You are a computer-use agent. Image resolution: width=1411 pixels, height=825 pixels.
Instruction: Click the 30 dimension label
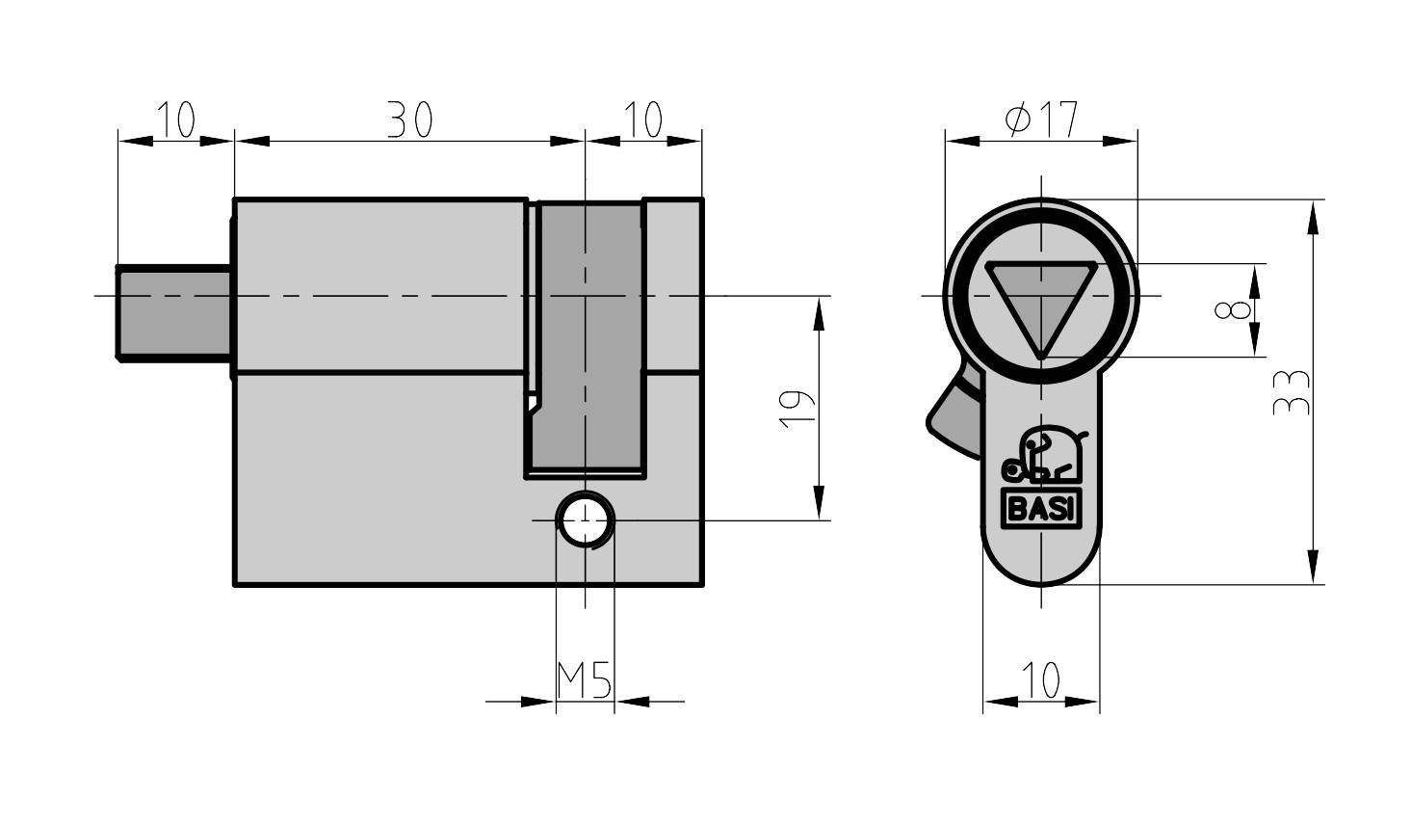[x=409, y=121]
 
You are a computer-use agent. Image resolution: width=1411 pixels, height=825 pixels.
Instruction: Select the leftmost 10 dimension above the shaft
[x=175, y=121]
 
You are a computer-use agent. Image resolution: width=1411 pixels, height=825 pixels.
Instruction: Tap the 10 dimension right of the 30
[x=642, y=121]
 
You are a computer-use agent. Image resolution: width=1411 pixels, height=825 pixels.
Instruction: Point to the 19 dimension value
[x=797, y=409]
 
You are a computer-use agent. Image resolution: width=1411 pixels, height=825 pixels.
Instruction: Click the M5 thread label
[x=585, y=681]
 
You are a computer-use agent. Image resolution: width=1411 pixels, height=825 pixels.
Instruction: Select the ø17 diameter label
[x=1040, y=120]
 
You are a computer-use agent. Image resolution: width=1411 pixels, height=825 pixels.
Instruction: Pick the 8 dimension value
[x=1233, y=310]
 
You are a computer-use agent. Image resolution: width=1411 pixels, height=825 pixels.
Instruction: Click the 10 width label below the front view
[x=1040, y=679]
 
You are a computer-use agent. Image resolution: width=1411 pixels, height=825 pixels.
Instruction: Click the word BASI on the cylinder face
[x=1040, y=509]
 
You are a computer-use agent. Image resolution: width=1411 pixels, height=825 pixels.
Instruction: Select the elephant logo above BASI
[x=1042, y=457]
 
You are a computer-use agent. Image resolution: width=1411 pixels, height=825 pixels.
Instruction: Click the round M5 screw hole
[x=585, y=520]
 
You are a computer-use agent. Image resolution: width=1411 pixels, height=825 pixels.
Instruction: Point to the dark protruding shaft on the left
[x=173, y=312]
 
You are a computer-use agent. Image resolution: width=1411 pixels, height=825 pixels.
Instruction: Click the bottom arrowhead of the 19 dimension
[x=819, y=504]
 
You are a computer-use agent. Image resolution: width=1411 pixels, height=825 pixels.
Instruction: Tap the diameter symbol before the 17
[x=1016, y=120]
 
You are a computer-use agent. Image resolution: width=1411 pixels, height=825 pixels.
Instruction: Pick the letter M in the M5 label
[x=571, y=681]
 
